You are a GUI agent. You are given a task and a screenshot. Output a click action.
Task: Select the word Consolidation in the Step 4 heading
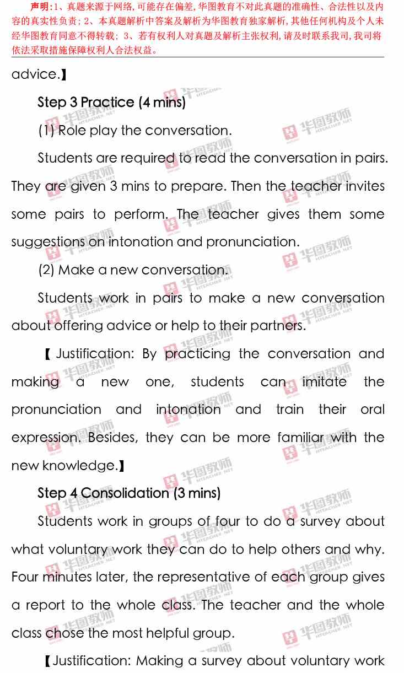tap(125, 493)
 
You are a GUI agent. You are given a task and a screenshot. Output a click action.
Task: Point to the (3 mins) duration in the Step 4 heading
tap(197, 493)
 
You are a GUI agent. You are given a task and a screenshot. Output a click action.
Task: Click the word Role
tap(71, 131)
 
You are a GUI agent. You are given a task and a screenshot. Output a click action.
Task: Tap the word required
tap(147, 159)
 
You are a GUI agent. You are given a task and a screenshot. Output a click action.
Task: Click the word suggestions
tap(48, 242)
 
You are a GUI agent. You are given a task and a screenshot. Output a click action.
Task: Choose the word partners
tap(277, 326)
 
